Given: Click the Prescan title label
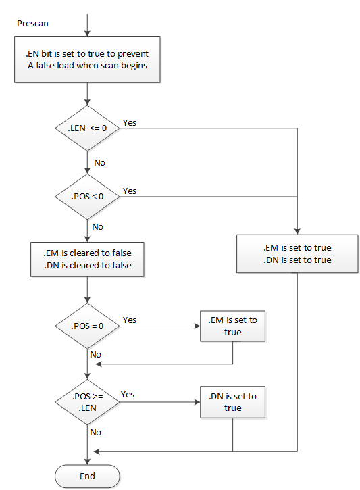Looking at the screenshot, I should coord(32,23).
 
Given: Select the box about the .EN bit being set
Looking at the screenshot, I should coord(87,59).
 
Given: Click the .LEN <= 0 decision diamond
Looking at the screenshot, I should coord(87,128).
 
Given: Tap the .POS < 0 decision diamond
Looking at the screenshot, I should coord(87,197).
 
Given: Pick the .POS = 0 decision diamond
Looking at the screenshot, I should coord(87,325).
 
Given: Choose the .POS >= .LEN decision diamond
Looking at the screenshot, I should coord(87,402).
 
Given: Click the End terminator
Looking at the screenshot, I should coord(87,476).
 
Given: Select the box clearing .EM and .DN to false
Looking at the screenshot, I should coord(87,259).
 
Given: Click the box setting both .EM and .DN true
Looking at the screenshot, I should coord(297,253).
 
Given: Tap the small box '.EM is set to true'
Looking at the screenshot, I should coord(232,325).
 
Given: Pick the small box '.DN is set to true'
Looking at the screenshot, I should coord(232,402).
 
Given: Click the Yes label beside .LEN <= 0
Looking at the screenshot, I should coord(129,123).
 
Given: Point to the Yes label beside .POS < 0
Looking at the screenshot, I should coord(129,191).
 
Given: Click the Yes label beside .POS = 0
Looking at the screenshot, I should coord(129,320).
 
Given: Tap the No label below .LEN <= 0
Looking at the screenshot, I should coord(99,162).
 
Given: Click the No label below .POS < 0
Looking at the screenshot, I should coord(98,226).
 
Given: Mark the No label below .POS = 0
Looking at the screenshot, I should coord(95,354).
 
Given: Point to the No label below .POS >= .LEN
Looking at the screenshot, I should coord(95,432).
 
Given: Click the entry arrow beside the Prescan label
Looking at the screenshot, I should coord(87,23).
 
